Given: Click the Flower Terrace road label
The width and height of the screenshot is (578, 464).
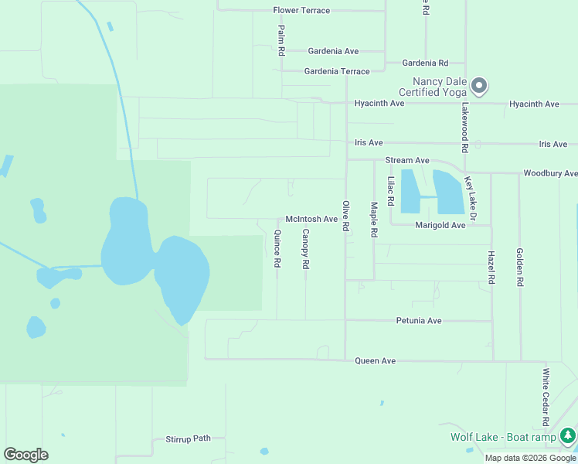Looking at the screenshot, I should (301, 11).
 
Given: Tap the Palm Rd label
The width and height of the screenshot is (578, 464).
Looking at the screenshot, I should (281, 40).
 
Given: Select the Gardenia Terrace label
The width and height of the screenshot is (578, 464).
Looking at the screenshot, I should (337, 71).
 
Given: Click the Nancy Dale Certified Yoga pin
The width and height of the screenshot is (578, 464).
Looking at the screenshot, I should (479, 85).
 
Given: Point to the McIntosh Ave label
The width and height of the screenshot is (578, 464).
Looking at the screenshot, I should (311, 219).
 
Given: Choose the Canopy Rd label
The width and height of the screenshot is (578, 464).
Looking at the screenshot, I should (306, 249).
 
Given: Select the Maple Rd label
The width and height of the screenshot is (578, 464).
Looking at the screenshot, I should (374, 220).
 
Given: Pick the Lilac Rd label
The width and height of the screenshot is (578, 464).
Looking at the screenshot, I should (391, 191).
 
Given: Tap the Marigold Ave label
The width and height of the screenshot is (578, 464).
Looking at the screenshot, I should (440, 225).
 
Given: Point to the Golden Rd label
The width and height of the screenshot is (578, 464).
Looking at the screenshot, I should (520, 268).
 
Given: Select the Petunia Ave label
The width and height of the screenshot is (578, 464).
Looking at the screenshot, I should (418, 320).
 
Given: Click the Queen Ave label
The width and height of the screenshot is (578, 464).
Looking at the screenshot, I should (375, 361).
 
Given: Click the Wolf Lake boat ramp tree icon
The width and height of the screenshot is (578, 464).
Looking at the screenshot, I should (568, 436).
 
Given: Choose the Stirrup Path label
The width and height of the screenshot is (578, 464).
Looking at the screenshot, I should (188, 438).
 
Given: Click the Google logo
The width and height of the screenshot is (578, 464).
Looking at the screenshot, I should (25, 455).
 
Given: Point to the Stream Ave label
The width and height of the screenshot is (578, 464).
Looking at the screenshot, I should (407, 160).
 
